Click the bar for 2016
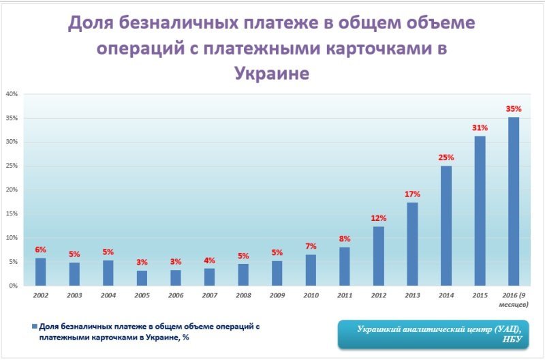514,201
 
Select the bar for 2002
41,271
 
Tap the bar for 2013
412,243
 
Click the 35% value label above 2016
514,108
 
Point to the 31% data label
480,127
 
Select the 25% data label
446,157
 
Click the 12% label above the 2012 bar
379,218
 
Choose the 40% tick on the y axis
12,94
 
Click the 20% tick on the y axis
12,190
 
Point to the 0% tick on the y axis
13,286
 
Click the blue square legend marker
35,326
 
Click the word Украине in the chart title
272,73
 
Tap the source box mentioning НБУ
436,333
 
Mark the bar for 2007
209,277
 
